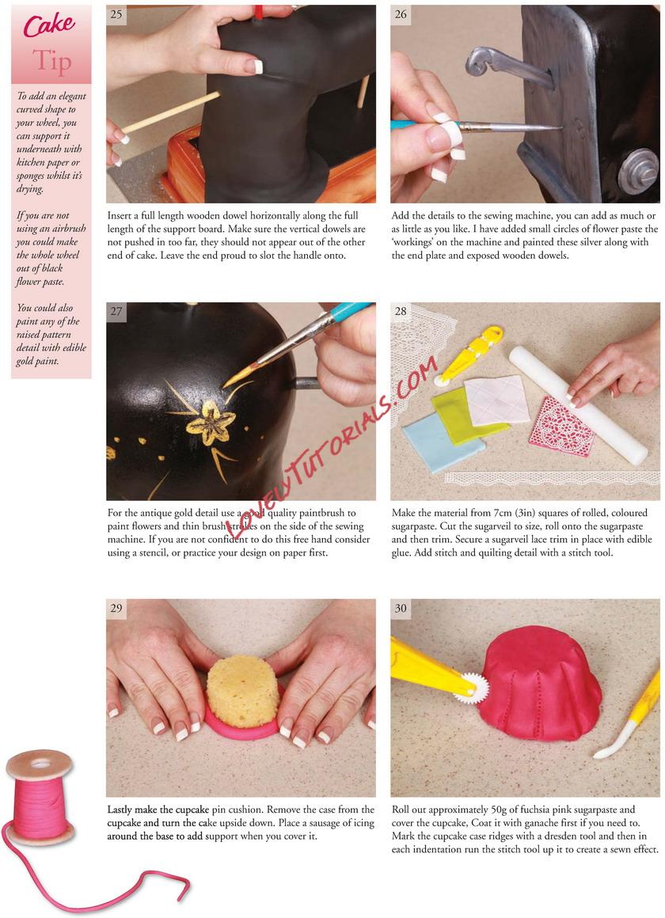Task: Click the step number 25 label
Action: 116,14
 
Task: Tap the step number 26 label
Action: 401,14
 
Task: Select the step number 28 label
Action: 401,311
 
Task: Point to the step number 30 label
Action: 401,608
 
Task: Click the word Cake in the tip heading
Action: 49,25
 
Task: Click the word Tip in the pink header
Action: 52,61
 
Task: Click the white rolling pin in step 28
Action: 578,404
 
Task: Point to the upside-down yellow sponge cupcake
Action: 243,692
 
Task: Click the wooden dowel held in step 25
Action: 170,112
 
